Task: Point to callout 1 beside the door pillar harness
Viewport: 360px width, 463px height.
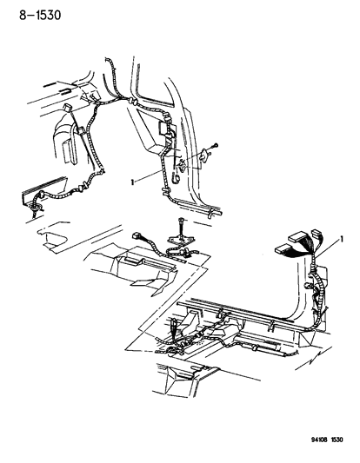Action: click(x=132, y=182)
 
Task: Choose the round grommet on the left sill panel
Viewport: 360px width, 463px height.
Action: click(x=37, y=207)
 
